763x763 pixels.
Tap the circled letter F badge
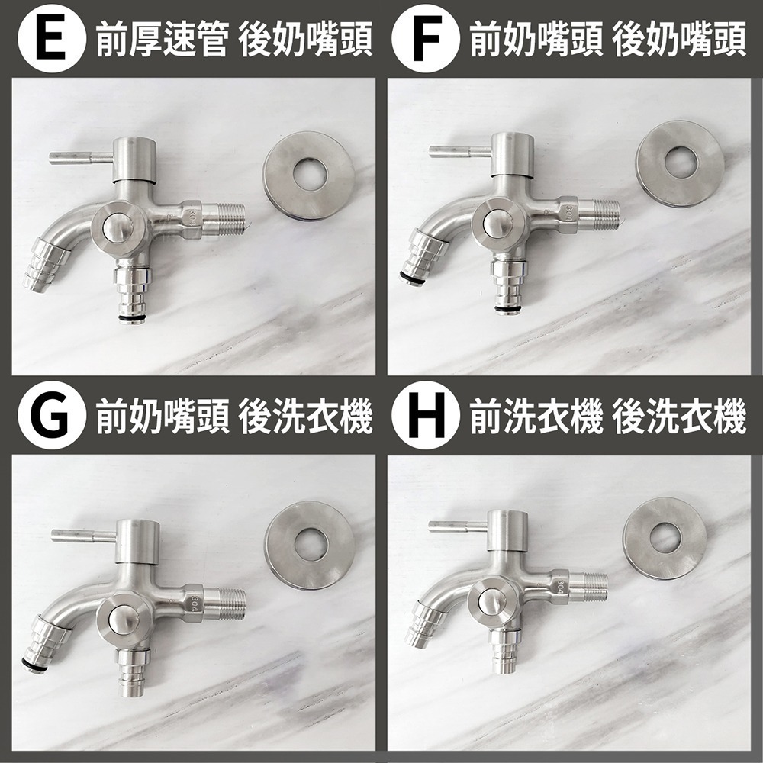[425, 40]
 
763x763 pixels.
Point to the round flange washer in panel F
[679, 163]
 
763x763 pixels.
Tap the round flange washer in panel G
[310, 545]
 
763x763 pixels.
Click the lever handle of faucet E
[76, 158]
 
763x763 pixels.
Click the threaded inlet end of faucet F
[598, 214]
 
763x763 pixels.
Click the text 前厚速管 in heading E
[161, 40]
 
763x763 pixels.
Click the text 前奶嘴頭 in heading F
[536, 40]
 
